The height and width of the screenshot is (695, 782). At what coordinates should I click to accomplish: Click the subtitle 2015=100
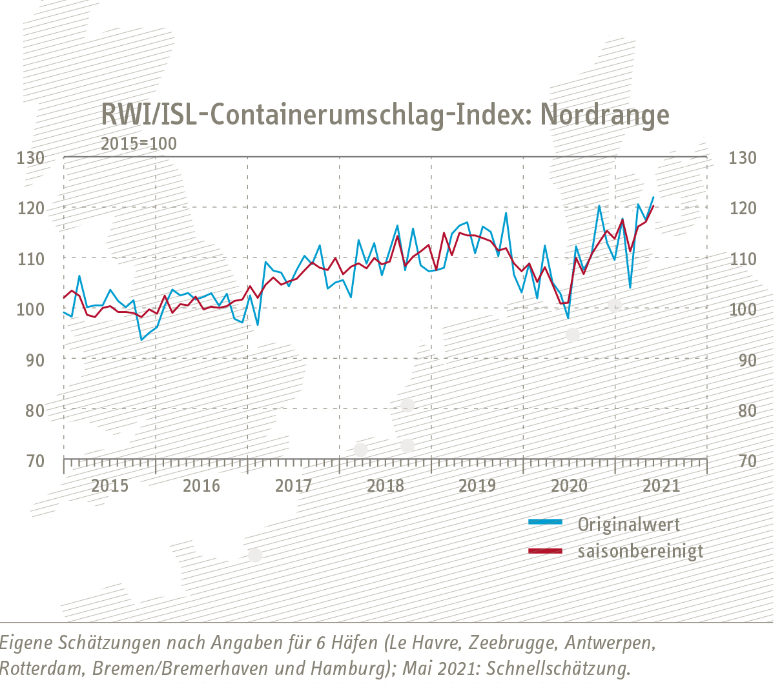click(138, 143)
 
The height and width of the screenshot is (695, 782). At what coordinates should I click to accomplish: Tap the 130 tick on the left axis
click(31, 157)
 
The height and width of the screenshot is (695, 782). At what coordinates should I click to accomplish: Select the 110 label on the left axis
click(31, 259)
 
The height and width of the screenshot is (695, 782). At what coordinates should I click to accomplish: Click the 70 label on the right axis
click(747, 461)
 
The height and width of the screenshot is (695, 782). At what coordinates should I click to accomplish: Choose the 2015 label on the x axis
click(110, 485)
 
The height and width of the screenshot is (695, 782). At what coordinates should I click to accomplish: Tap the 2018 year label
click(386, 485)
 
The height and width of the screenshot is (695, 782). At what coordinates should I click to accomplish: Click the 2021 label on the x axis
click(661, 485)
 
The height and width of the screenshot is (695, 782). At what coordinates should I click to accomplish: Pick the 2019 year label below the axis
click(477, 485)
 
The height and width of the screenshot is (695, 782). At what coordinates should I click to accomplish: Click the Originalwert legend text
click(628, 524)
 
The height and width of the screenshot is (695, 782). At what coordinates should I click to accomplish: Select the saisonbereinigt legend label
click(640, 551)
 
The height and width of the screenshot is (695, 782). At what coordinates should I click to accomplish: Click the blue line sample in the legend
click(545, 522)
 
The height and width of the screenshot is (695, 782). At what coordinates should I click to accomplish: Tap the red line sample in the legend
click(545, 550)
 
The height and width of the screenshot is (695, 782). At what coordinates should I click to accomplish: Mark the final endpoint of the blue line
click(653, 197)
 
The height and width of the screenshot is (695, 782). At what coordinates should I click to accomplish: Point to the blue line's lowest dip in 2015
click(141, 339)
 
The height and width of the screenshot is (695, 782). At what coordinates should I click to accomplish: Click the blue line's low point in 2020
click(568, 318)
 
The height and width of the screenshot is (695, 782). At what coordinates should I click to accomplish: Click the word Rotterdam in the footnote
click(39, 669)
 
